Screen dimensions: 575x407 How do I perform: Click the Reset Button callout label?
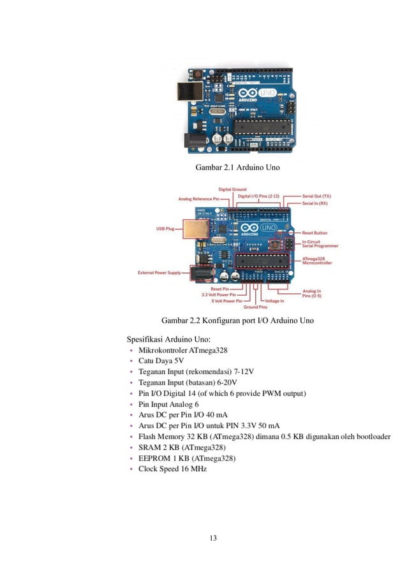tap(314, 233)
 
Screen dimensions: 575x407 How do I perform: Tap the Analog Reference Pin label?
tap(198, 199)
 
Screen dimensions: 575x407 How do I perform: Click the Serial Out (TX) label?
tap(316, 196)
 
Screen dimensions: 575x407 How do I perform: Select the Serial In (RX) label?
tap(315, 203)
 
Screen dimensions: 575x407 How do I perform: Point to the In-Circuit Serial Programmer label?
tap(320, 244)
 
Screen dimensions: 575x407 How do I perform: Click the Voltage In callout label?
tap(274, 301)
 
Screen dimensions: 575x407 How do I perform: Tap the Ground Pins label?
tap(255, 307)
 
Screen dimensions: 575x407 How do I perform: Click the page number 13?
tap(213, 538)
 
